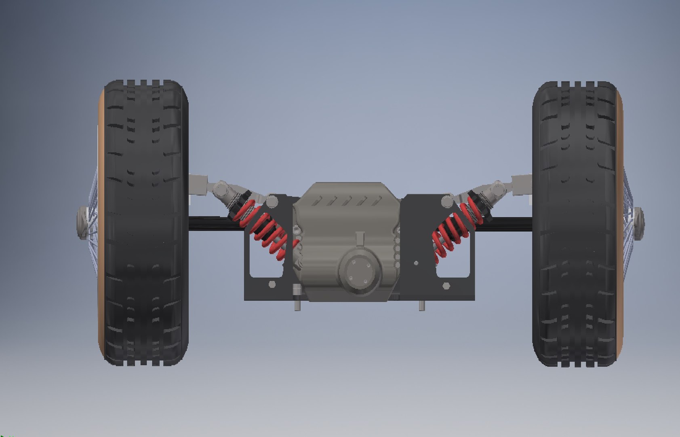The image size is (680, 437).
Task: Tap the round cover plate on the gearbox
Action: coord(360,269)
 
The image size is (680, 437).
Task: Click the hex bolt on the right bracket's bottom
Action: coord(446,286)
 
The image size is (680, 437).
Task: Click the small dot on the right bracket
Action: coord(417,263)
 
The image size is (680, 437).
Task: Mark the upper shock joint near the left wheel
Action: coord(220,188)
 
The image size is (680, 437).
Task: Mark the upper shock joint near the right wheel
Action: coord(498,188)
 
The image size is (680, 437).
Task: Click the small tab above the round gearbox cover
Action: coord(359,238)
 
